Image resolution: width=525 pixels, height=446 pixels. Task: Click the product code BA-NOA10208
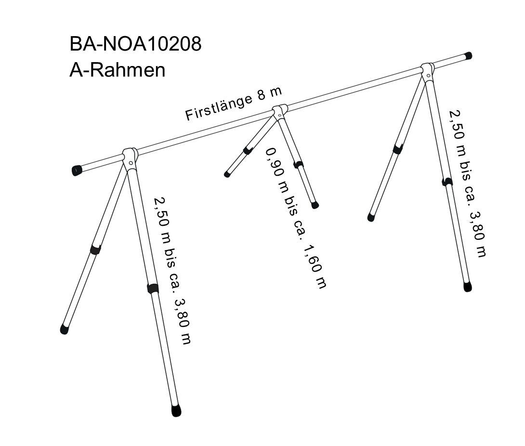click(135, 44)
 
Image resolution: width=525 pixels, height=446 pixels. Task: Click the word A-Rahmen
click(117, 70)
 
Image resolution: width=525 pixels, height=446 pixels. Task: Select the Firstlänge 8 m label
click(234, 104)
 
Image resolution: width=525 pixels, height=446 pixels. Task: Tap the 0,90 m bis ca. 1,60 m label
click(295, 218)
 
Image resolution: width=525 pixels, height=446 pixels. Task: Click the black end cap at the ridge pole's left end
click(77, 170)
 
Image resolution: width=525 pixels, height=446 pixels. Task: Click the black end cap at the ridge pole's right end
click(468, 56)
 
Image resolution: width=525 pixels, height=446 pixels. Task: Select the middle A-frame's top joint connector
click(279, 111)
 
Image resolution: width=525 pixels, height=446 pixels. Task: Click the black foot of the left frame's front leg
click(176, 410)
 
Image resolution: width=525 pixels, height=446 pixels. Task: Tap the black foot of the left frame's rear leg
click(64, 329)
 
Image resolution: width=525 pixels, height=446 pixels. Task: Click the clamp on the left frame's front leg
click(153, 289)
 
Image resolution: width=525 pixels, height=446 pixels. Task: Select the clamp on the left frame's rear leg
click(95, 249)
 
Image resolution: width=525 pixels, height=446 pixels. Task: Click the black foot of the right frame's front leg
click(467, 287)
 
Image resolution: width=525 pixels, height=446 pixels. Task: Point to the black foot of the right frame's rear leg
click(371, 217)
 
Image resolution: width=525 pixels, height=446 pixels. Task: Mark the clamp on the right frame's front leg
click(447, 182)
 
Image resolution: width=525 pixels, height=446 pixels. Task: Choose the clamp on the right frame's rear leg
click(398, 149)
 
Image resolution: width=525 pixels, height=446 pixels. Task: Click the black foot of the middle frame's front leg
click(315, 205)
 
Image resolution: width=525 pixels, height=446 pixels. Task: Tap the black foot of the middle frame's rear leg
click(227, 174)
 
